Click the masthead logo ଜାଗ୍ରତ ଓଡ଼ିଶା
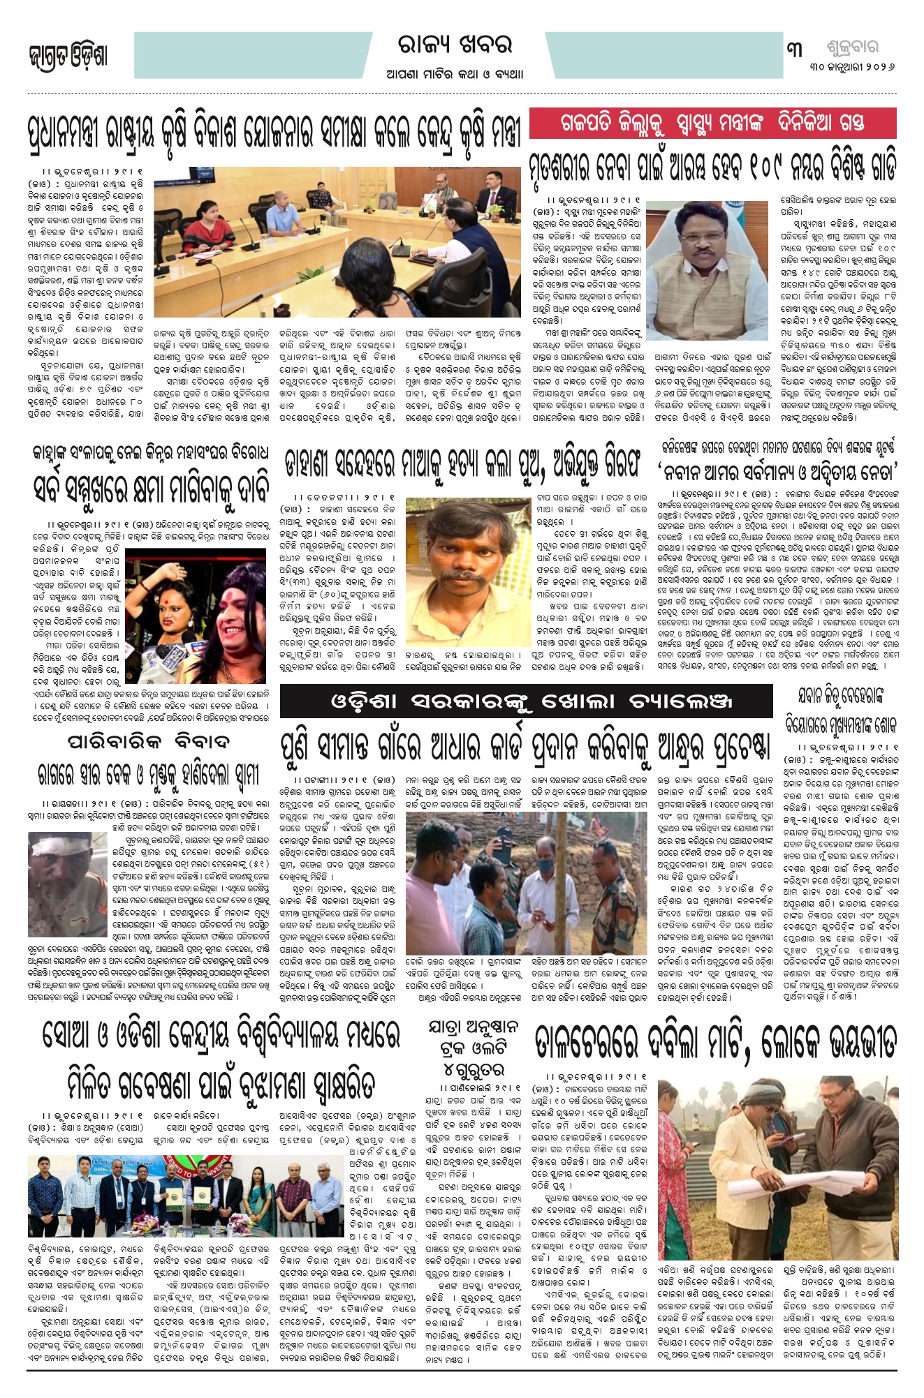point(68,57)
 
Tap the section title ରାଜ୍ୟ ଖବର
point(455,46)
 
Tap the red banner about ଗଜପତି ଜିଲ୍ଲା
point(712,124)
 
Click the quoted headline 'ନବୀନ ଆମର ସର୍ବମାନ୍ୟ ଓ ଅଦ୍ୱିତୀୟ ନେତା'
point(777,471)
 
